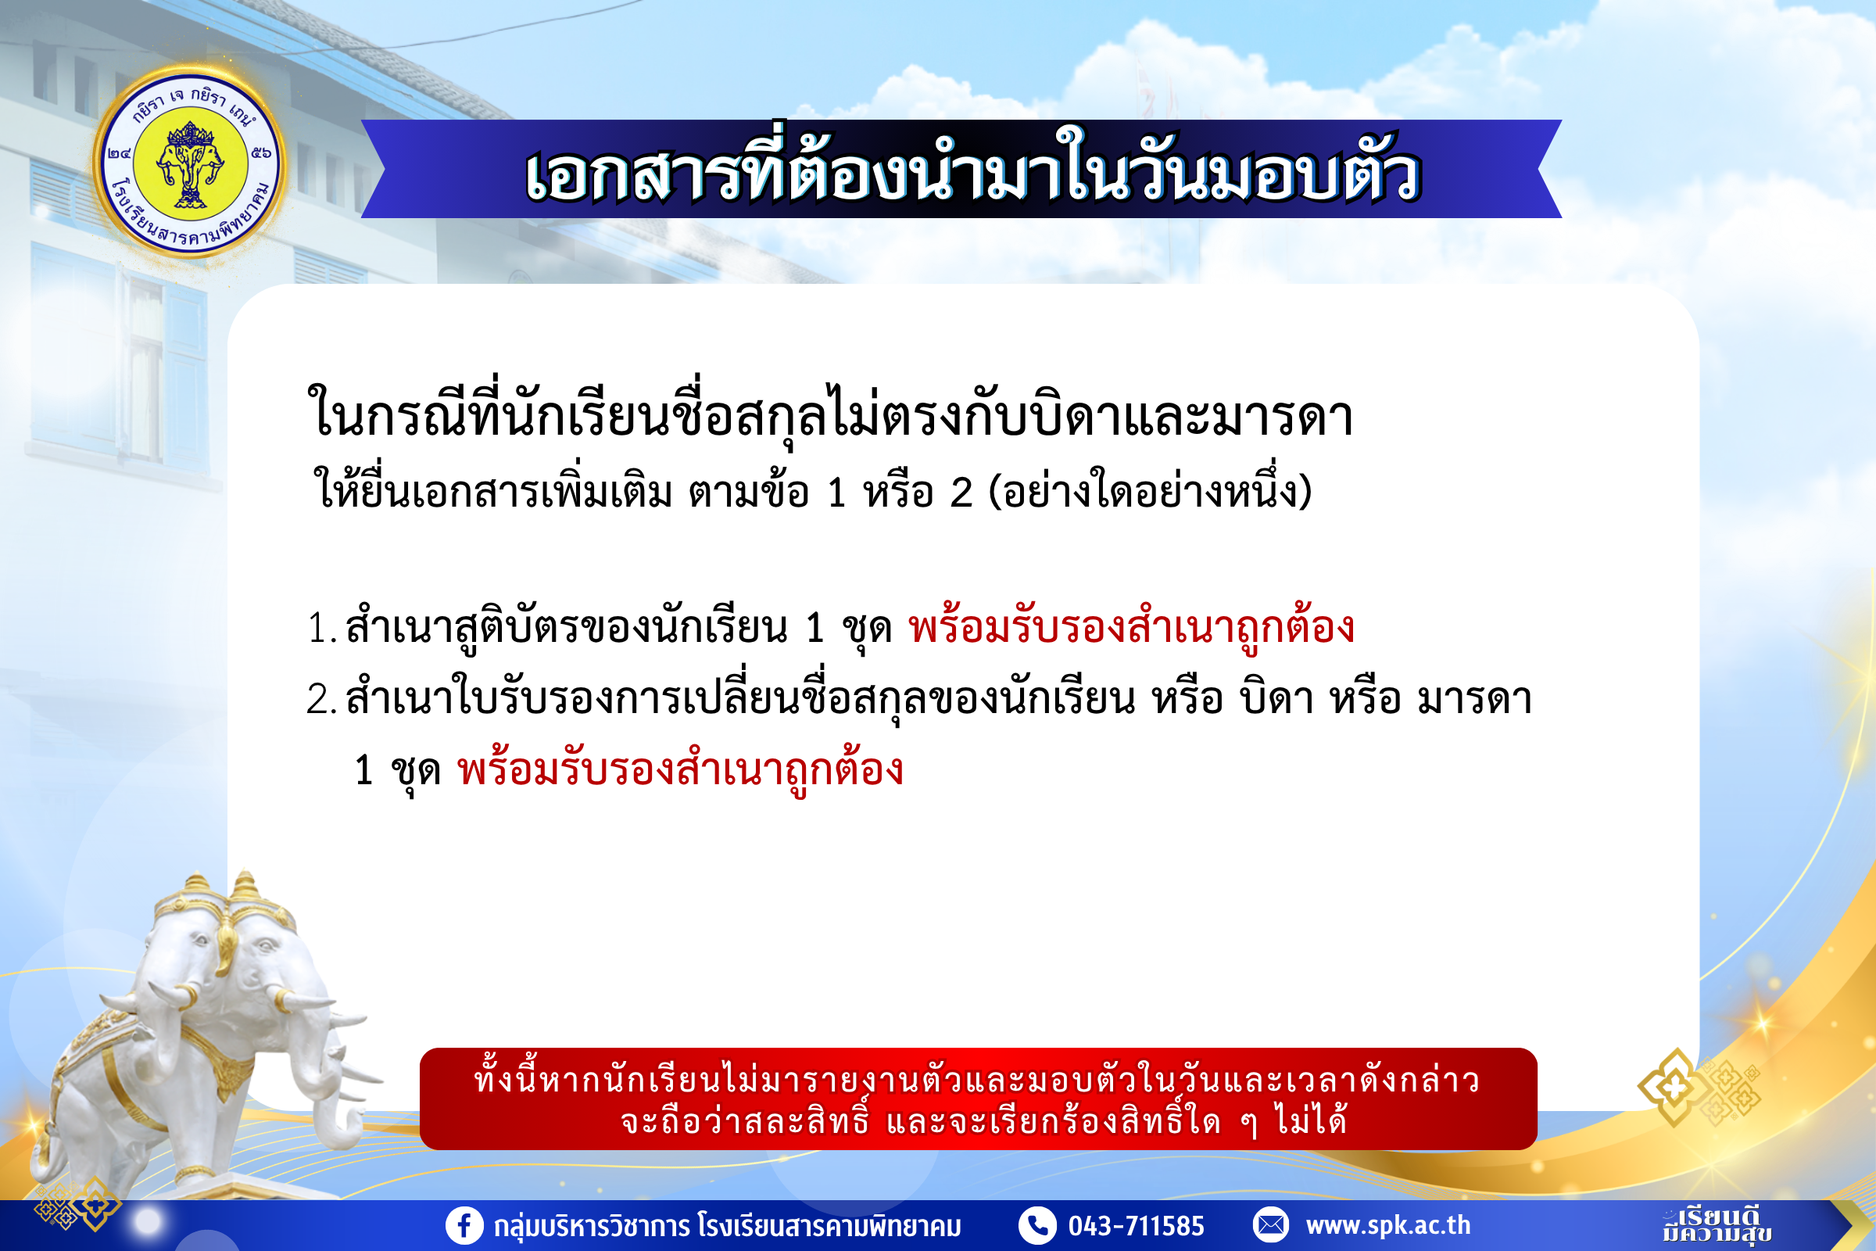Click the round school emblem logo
pos(190,163)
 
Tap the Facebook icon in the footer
pos(464,1224)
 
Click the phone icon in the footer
pos(1038,1224)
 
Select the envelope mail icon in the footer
pos(1271,1224)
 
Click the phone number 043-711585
pos(1136,1225)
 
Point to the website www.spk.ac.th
pos(1388,1225)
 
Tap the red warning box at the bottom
pos(978,1099)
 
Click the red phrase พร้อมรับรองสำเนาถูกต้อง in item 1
pos(1131,626)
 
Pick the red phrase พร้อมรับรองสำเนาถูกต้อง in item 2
pos(679,769)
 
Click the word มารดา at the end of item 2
pos(1474,699)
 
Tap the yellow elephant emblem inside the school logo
pos(190,164)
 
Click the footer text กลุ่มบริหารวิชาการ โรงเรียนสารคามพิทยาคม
pos(727,1226)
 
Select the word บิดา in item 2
pos(1276,698)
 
